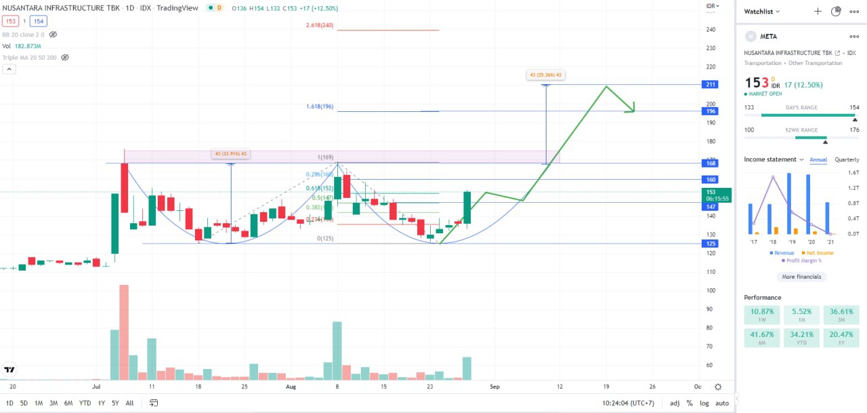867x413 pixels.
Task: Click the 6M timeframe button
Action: tap(68, 403)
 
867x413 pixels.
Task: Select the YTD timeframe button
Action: tap(85, 403)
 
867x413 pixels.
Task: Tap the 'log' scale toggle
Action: tap(704, 403)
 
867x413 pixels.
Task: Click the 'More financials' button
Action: tap(801, 277)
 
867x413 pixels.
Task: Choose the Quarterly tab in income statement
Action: tap(847, 159)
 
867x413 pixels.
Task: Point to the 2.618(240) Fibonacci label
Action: tap(320, 26)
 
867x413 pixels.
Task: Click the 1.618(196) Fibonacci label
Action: tap(320, 107)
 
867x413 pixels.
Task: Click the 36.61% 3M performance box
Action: tap(840, 315)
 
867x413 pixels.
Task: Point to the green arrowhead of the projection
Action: tap(633, 109)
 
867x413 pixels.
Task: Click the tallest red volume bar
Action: tap(124, 332)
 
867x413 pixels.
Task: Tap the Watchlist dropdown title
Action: tap(762, 12)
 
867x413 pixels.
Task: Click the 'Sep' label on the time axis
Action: tap(495, 387)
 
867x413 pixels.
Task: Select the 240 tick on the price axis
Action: tap(711, 30)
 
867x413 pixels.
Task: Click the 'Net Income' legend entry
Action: tap(817, 253)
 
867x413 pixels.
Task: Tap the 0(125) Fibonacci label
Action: tap(326, 238)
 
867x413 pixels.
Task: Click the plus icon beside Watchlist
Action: tap(818, 12)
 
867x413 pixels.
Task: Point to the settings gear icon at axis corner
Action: tap(718, 387)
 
